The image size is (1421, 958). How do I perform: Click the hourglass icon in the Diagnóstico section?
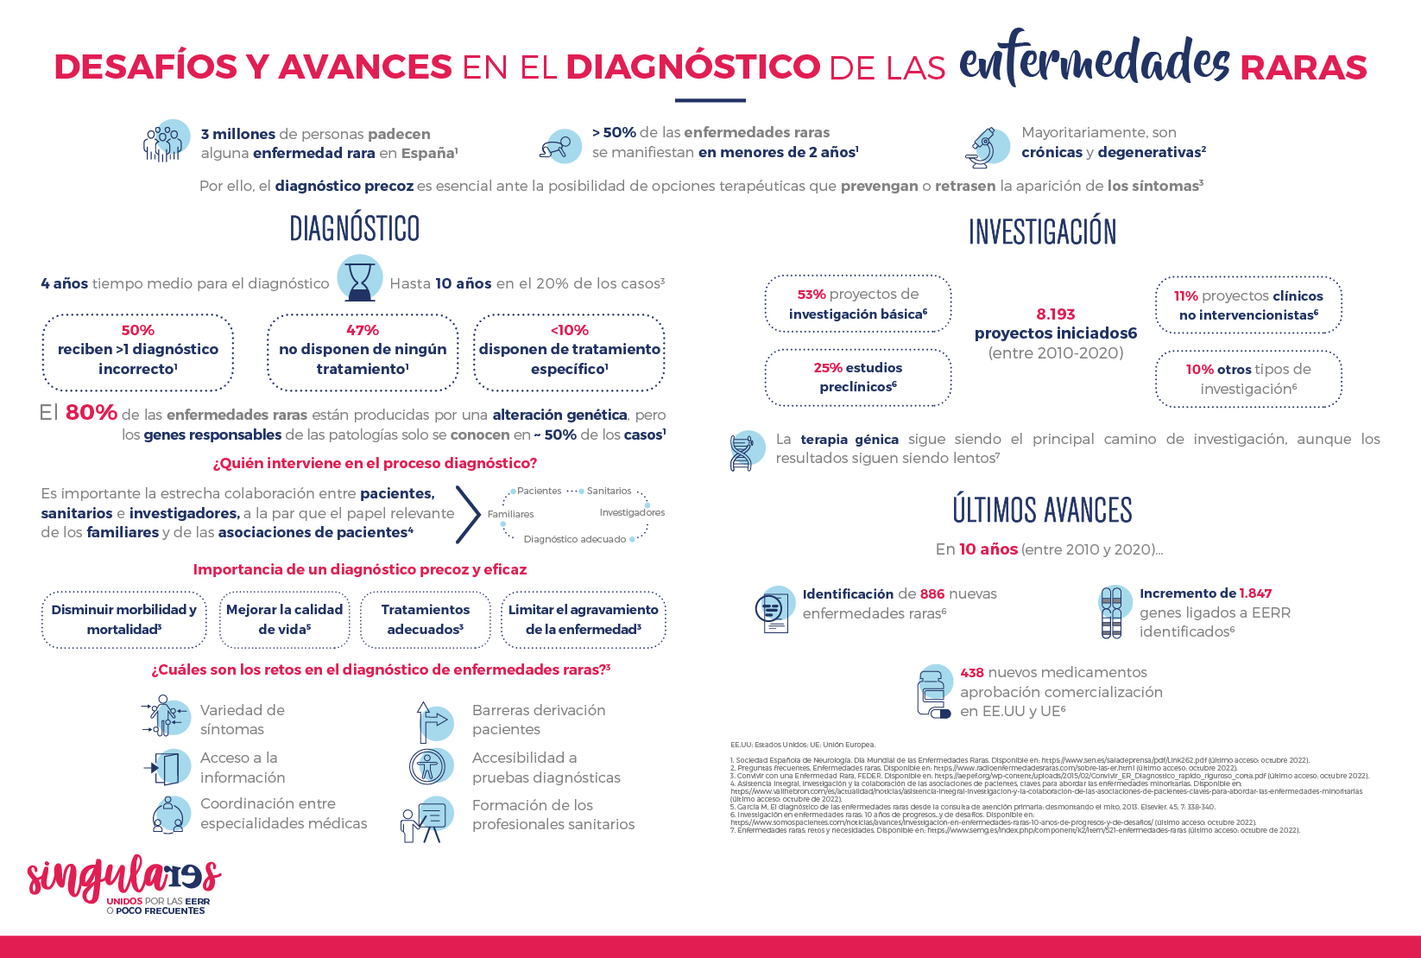point(359,279)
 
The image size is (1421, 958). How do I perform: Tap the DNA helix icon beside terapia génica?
point(743,450)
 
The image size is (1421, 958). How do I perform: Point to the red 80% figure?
point(91,413)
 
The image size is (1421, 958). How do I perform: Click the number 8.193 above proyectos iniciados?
point(1055,314)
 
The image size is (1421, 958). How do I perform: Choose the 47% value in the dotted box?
point(363,330)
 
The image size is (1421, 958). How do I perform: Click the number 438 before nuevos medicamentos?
point(972,672)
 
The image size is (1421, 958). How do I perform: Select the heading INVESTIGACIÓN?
point(1042,232)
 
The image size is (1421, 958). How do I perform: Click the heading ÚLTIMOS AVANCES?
point(1042,511)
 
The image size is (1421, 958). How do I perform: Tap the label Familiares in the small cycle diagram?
point(510,514)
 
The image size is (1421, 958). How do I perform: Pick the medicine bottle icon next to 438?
point(933,692)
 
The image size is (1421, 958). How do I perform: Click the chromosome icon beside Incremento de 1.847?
point(1112,612)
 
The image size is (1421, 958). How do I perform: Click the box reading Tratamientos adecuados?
point(425,619)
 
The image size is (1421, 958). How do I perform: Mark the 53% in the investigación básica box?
point(812,295)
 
